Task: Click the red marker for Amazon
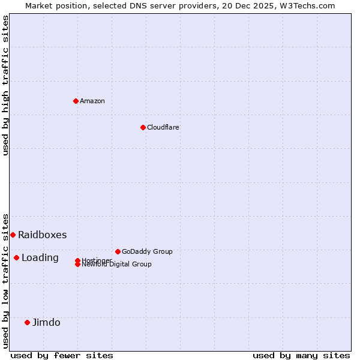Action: point(76,101)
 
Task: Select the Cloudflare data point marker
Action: point(143,127)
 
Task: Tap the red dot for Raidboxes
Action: point(13,235)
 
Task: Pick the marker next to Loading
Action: point(16,257)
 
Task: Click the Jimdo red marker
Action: point(27,322)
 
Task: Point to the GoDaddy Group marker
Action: point(118,251)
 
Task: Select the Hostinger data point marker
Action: point(77,260)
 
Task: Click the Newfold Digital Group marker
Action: point(77,265)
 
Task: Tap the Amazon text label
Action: point(92,101)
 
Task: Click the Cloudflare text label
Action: point(163,127)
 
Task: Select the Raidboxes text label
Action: point(43,235)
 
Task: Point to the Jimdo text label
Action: point(46,322)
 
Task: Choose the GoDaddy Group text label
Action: point(147,251)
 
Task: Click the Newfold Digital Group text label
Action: point(117,265)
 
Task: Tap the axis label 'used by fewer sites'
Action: point(62,355)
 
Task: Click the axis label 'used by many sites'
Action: point(301,355)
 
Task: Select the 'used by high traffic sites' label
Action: point(5,85)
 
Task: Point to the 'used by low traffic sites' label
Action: point(5,281)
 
